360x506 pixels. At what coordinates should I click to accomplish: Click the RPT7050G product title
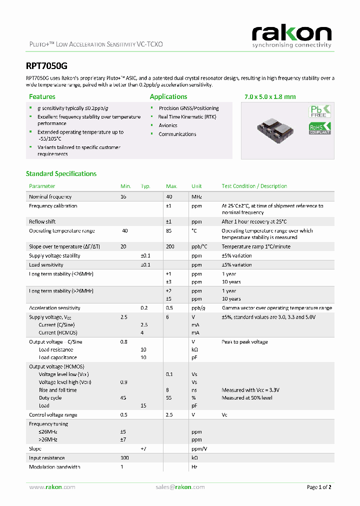pos(46,65)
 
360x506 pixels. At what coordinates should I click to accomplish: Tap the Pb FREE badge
pos(320,111)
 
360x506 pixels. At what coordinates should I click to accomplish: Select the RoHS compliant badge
pos(320,128)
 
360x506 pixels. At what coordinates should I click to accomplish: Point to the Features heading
pos(42,96)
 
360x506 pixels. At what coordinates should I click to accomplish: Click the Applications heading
pos(168,96)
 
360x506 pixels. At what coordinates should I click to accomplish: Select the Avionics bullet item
pos(168,125)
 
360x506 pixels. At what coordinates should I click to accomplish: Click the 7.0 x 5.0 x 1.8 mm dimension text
pos(269,96)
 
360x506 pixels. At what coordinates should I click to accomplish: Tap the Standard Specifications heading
pos(61,173)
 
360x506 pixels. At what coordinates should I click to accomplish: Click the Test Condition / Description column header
pos(254,186)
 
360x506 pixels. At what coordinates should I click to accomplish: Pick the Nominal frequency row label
pos(50,197)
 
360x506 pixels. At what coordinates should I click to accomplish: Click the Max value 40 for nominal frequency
pos(169,197)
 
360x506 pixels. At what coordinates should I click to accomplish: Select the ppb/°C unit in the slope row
pos(198,246)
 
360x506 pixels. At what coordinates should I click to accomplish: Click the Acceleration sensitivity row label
pos(54,308)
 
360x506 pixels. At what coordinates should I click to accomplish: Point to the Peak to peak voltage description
pos(244,342)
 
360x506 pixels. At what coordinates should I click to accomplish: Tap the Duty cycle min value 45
pos(123,398)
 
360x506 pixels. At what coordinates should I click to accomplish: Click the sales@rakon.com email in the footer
pos(179,487)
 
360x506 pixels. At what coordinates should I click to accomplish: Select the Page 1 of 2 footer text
pos(319,487)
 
